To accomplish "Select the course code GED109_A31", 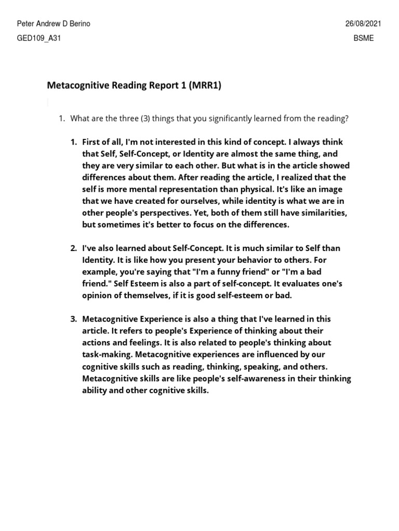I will click(39, 38).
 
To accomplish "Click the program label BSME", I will click(364, 38).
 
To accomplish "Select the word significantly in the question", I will click(230, 119).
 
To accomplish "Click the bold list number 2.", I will click(74, 248).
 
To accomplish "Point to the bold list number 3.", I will click(74, 319).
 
